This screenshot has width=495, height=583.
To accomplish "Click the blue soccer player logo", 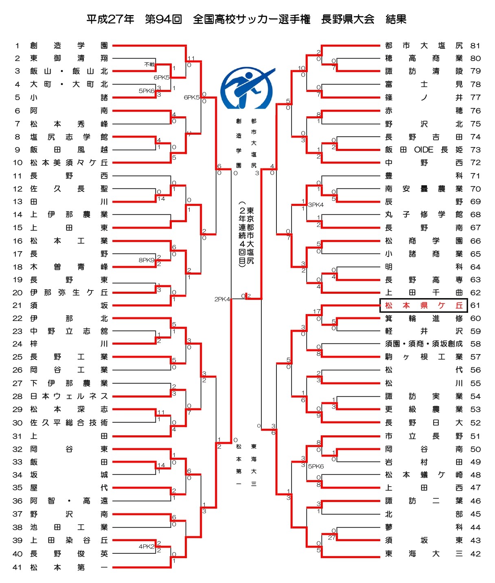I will coord(247,88).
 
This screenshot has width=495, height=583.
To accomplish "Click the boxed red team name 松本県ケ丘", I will coord(424,306).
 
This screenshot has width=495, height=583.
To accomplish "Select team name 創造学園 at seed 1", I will coord(69,46).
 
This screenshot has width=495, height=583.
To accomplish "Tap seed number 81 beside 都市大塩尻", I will coord(475,46).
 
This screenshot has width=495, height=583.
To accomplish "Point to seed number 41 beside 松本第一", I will coord(17,567).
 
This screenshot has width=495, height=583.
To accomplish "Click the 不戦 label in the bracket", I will coord(149,64).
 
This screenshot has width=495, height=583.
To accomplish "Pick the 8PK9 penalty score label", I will coord(147,260).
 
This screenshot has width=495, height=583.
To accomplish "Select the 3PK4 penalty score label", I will coord(316,205).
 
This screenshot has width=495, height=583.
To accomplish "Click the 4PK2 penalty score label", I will coord(147,546).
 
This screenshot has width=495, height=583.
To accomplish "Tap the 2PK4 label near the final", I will coord(222,299).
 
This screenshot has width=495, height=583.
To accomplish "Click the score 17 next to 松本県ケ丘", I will coord(317,311).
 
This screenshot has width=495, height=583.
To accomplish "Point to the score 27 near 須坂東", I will coord(331,537).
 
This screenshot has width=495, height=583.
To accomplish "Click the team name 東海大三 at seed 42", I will coord(424,554).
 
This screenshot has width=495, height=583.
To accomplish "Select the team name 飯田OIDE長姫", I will coord(424,150).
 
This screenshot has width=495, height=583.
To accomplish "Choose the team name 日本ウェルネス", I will coord(69,396).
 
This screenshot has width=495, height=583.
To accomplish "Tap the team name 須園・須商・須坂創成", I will coord(424,344).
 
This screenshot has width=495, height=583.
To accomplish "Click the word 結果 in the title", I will coord(396,19).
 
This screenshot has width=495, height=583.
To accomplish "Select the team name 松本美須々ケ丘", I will coord(69,163).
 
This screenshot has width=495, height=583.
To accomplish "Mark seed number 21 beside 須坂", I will coord(17,306).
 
